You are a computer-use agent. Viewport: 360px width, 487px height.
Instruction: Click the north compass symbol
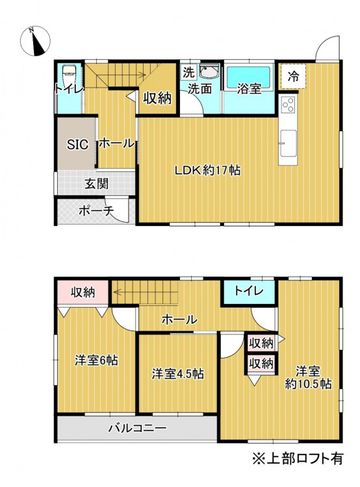coord(35,41)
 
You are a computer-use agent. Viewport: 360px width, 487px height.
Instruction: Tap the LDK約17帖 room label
coord(207,171)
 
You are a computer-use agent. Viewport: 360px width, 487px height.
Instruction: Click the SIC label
coord(77,145)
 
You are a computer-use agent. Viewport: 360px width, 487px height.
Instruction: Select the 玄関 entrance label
coord(97,184)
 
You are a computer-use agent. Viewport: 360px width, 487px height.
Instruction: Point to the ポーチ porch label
coord(96,211)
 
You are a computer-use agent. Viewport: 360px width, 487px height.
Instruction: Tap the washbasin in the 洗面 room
coord(209,72)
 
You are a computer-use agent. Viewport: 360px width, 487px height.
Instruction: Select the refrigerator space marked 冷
coord(293,77)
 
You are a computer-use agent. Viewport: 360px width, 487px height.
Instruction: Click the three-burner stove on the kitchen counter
coord(288,105)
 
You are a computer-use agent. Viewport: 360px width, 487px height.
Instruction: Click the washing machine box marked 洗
coord(188,72)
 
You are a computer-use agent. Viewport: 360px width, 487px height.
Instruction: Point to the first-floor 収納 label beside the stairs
coord(157,99)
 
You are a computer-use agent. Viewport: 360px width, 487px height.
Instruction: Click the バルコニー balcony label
coord(137,429)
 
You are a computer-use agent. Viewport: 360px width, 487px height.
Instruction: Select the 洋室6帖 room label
coord(96,360)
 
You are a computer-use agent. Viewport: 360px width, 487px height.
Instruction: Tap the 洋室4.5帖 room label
coord(178,373)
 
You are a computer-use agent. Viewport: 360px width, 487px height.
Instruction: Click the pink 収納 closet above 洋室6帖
coord(83,292)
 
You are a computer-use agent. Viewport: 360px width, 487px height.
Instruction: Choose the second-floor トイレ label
coord(248,291)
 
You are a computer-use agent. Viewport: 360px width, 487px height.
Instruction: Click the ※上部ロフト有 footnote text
coord(298,458)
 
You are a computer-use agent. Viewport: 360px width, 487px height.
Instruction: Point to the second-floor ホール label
coord(179,319)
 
